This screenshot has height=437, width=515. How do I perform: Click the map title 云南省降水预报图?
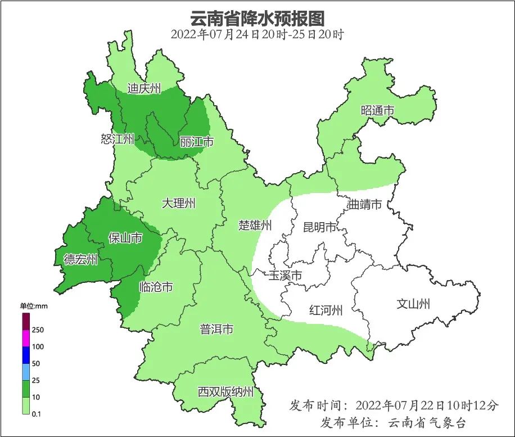(x=257, y=18)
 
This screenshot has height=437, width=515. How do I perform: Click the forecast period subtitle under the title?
(x=257, y=34)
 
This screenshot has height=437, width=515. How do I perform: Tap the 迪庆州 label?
(x=144, y=88)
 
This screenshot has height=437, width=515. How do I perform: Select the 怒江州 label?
(x=118, y=139)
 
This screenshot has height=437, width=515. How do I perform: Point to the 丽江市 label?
(x=197, y=142)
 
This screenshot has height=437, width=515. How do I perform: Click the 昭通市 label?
(x=377, y=111)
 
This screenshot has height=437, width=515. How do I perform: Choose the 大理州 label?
(x=178, y=204)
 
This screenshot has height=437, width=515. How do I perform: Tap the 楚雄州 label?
(x=255, y=226)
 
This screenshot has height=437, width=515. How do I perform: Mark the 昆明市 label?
(x=319, y=227)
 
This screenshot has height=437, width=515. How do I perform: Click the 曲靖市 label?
(x=365, y=204)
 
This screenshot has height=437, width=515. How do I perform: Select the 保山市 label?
(x=125, y=238)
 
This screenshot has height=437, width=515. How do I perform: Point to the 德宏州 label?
(x=80, y=259)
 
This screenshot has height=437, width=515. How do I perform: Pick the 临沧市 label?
(x=156, y=287)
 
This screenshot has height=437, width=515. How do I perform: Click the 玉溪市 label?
(x=285, y=276)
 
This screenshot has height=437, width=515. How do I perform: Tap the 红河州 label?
(x=326, y=310)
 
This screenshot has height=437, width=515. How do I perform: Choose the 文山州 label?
(x=413, y=304)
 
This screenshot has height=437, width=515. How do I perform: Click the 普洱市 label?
(x=216, y=330)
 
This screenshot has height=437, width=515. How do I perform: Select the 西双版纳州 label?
(x=225, y=392)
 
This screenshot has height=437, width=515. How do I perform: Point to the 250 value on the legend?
(x=38, y=330)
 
